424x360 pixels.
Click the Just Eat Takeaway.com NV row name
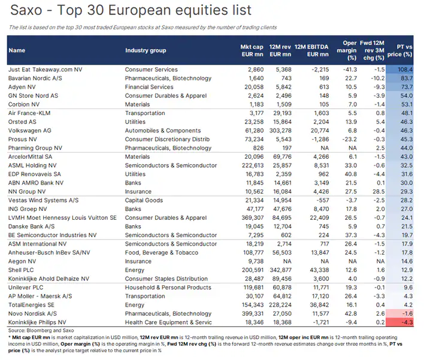tap(45, 69)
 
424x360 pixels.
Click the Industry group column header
tap(146, 50)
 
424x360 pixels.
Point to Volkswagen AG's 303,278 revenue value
tap(280, 131)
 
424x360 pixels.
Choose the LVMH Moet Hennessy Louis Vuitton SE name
tap(62, 217)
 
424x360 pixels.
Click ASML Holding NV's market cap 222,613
tap(253, 165)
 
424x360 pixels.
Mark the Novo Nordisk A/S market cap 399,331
tap(253, 314)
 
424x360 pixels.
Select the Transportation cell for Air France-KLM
tap(145, 113)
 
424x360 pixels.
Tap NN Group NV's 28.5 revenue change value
tap(378, 192)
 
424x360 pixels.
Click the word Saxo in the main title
tap(26, 10)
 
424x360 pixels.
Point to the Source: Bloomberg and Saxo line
tap(41, 331)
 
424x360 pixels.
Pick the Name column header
tap(17, 50)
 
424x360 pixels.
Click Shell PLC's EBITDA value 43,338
tap(319, 270)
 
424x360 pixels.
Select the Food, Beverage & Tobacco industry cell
tap(162, 253)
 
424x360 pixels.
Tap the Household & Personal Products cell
tap(168, 288)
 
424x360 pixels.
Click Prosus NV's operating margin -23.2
tap(350, 140)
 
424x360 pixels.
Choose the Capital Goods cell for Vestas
tap(144, 201)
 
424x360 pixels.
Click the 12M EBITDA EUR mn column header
tap(311, 50)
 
